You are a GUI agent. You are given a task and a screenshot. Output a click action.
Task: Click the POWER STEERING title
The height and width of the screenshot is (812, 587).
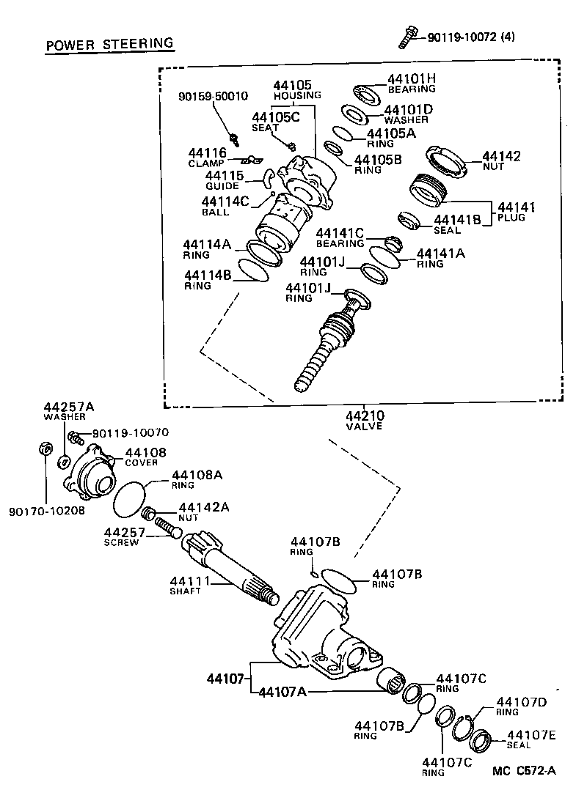(110, 45)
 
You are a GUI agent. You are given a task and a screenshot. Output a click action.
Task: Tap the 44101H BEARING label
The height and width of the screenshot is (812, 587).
(411, 84)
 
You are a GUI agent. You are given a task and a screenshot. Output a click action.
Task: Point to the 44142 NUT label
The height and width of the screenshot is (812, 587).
(500, 161)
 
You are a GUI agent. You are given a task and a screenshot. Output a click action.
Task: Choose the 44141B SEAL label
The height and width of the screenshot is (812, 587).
(457, 224)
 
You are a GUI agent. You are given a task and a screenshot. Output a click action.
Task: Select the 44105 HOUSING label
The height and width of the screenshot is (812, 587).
(297, 90)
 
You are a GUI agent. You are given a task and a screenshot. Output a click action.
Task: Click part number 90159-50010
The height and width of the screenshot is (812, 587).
(214, 96)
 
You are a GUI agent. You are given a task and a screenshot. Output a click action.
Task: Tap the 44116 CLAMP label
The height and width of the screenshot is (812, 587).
(208, 158)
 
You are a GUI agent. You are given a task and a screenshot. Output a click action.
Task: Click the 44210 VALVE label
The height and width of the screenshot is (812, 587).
(365, 421)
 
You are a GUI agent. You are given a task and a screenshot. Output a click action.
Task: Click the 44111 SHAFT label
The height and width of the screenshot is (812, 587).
(190, 586)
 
